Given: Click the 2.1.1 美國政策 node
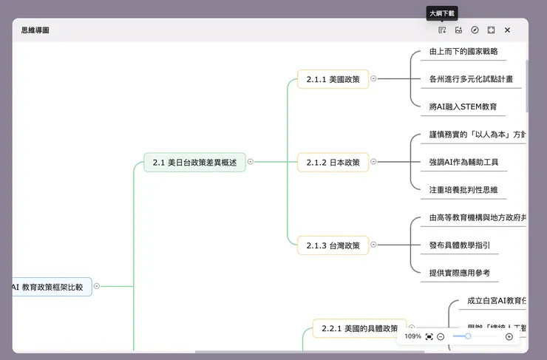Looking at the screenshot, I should (x=333, y=79).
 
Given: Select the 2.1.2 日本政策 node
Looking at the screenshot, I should (x=333, y=163).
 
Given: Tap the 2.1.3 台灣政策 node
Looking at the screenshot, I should (x=333, y=245).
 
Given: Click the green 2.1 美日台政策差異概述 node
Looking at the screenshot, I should (x=194, y=163).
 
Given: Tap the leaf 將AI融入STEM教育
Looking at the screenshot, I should (x=463, y=106).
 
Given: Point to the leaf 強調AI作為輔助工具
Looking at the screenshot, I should (x=463, y=162).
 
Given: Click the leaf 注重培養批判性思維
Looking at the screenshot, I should (x=463, y=189).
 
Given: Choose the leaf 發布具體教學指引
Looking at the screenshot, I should (x=459, y=245).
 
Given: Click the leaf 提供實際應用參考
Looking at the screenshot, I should (x=459, y=273).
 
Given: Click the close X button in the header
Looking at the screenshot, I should (x=507, y=30).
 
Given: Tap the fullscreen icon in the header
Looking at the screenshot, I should (x=491, y=30).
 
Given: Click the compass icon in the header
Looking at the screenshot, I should (x=475, y=30).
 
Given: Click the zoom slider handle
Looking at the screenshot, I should (x=468, y=336).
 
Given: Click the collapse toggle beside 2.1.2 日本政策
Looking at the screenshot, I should (x=374, y=162).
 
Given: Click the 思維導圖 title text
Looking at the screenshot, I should (x=35, y=30).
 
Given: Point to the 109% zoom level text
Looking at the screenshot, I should (x=412, y=336).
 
